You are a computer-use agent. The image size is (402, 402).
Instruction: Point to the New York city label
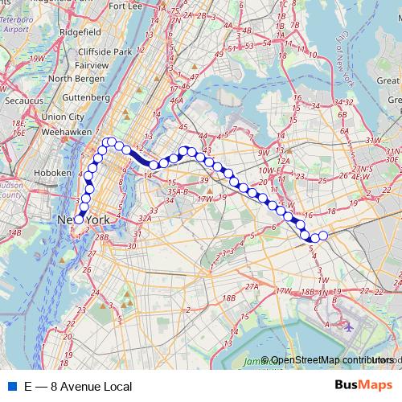83,219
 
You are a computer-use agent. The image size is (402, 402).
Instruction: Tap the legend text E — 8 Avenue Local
78,388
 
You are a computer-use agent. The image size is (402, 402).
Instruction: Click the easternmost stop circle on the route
324,236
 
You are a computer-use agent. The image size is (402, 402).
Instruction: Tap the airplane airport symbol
348,327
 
